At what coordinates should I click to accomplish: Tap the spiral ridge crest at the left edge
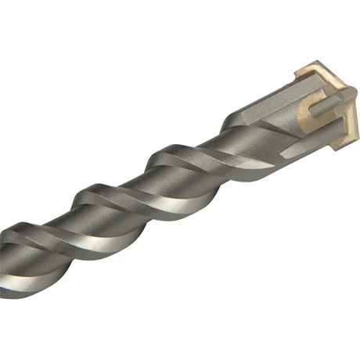coord(16,235)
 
